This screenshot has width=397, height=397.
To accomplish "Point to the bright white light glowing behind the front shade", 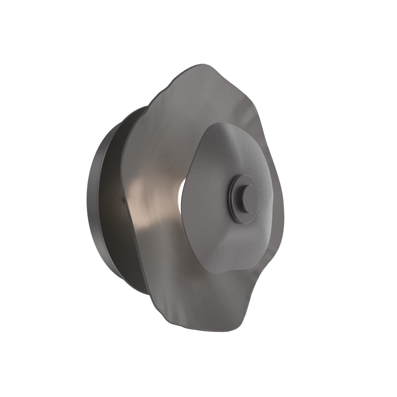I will pyautogui.click(x=181, y=190).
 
